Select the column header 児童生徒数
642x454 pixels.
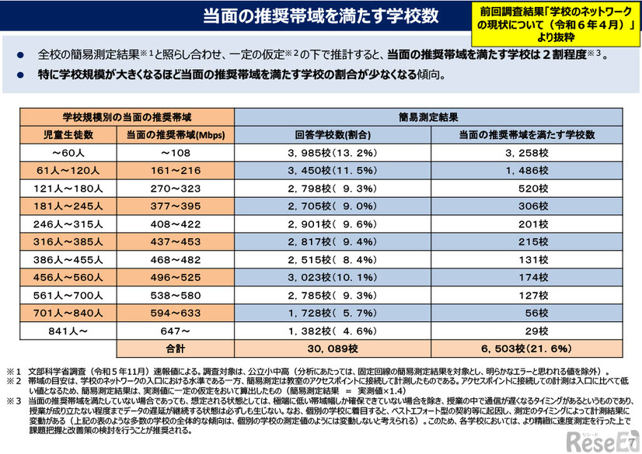68,134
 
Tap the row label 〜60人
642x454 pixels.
68,152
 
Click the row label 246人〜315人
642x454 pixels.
68,223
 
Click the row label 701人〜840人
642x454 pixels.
68,312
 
